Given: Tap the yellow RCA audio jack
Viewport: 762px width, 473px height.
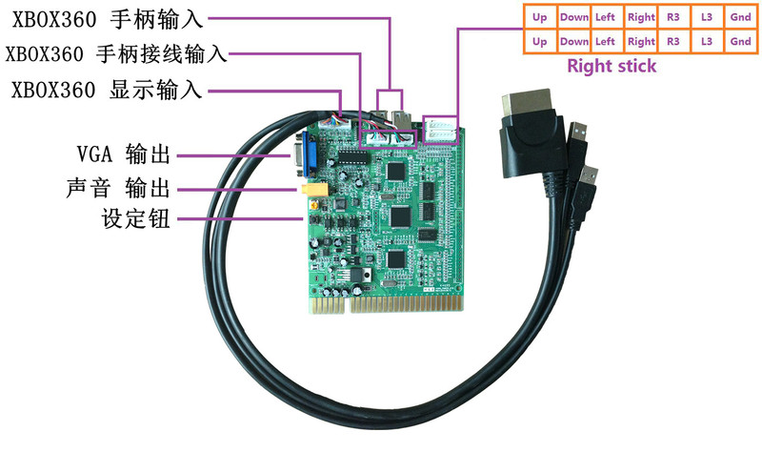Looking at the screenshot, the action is click(x=313, y=190).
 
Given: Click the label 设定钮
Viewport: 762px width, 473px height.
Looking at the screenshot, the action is click(x=135, y=218).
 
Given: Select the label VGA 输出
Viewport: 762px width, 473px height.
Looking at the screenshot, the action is click(x=124, y=154).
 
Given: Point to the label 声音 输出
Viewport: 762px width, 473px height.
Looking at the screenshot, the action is click(x=118, y=188).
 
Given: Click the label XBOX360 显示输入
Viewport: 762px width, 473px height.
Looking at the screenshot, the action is click(x=107, y=90).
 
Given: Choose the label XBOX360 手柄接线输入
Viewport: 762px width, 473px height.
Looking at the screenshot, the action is click(x=116, y=54).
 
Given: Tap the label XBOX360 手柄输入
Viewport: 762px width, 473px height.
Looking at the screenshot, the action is click(x=108, y=19).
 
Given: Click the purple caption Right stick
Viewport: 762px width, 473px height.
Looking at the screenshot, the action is click(x=612, y=66).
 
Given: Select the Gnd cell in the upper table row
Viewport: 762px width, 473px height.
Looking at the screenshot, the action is click(x=740, y=17).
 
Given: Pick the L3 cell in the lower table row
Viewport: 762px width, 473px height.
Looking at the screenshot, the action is click(x=707, y=41).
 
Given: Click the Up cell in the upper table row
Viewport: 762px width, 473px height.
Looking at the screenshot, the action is click(x=540, y=17).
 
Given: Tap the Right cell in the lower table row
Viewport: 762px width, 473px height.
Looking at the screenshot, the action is click(x=641, y=41).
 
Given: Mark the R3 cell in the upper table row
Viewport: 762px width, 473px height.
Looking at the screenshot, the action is click(x=673, y=17).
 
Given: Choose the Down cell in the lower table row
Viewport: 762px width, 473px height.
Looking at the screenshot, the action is click(x=574, y=41).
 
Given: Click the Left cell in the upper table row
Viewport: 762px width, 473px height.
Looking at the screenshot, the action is click(x=606, y=17).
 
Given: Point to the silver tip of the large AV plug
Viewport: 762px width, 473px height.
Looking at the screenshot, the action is click(x=528, y=103).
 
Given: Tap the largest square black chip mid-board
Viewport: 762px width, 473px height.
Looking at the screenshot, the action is click(x=401, y=216).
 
